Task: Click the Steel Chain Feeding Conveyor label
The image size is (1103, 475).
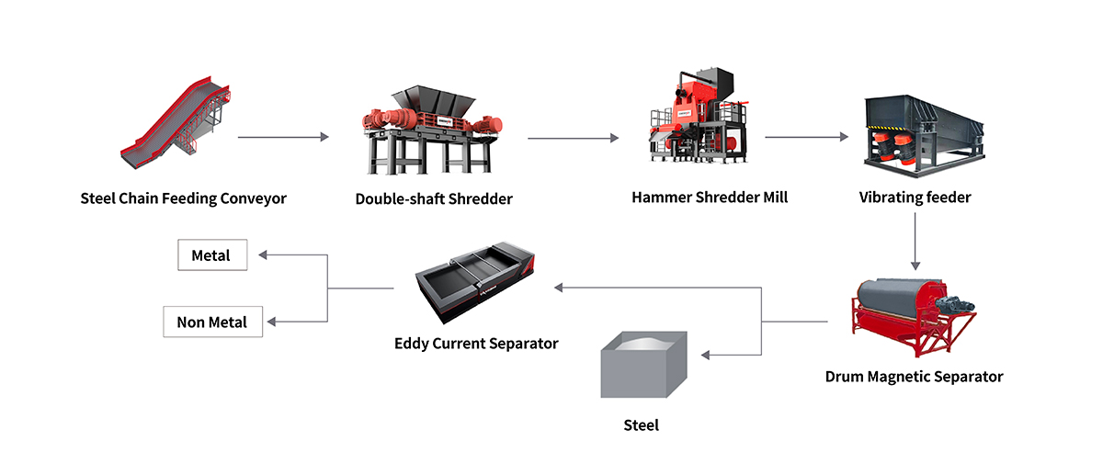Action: click(184, 198)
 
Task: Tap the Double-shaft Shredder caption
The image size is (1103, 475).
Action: click(434, 198)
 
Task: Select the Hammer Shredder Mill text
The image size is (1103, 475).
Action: click(710, 198)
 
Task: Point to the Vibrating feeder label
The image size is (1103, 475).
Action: click(915, 198)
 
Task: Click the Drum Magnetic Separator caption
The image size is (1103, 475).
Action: click(914, 377)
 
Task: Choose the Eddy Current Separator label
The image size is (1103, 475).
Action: click(476, 344)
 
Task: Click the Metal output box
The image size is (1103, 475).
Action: click(212, 255)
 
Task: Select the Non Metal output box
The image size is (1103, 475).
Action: click(212, 322)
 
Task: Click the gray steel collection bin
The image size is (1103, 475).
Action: click(643, 368)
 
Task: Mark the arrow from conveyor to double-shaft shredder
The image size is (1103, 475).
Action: click(283, 138)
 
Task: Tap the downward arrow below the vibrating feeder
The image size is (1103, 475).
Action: click(915, 240)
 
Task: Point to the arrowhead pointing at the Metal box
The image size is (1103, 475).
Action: click(263, 255)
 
